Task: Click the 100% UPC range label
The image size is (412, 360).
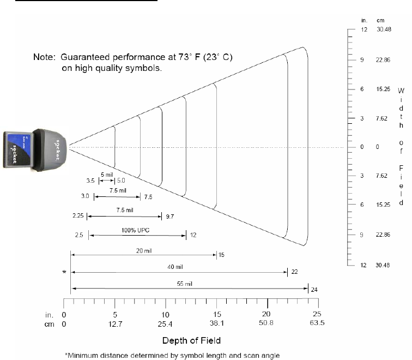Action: click(135, 230)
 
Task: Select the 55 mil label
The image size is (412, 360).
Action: click(184, 284)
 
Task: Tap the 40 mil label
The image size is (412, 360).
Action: click(175, 267)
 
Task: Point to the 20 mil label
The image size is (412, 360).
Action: click(144, 251)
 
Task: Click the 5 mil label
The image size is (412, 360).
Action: click(107, 175)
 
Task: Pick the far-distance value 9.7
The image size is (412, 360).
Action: click(169, 217)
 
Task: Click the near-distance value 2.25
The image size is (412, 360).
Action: click(78, 215)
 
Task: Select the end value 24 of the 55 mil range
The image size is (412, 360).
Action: click(314, 290)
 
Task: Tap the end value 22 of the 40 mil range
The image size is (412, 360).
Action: click(294, 272)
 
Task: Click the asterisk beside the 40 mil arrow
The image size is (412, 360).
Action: click(64, 272)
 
